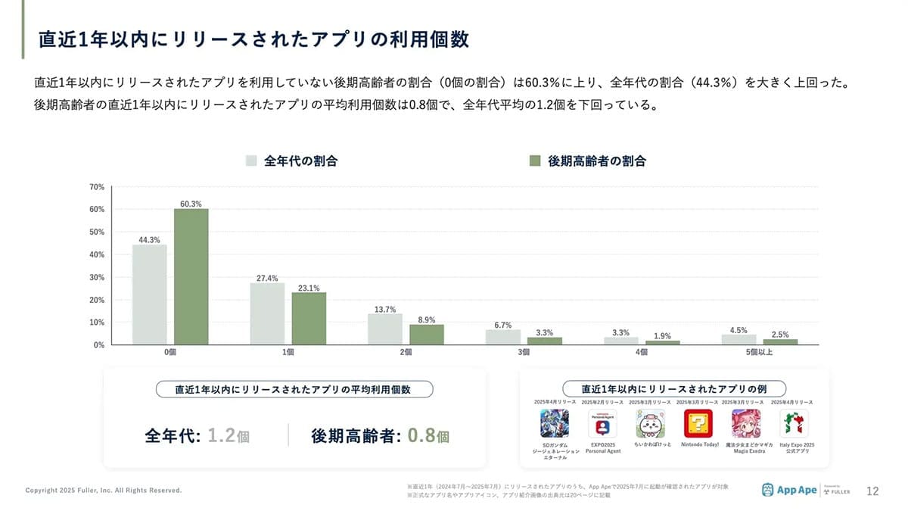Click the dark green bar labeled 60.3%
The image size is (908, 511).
(x=191, y=277)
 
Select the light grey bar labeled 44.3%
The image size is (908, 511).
(x=150, y=294)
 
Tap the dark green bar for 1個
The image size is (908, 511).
(x=309, y=319)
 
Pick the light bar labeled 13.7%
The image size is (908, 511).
(x=385, y=329)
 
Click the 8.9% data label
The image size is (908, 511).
(x=427, y=319)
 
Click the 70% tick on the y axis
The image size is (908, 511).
(x=96, y=186)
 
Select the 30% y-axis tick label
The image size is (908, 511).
(x=96, y=277)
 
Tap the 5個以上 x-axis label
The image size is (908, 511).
(x=759, y=353)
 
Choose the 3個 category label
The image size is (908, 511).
(x=524, y=353)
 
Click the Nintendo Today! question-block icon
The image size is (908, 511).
(x=698, y=423)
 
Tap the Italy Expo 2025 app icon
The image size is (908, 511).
(x=795, y=423)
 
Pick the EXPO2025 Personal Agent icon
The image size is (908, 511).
(x=603, y=423)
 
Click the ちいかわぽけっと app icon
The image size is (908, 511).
(x=651, y=423)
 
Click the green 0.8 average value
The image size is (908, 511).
(x=422, y=435)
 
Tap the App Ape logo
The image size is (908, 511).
(x=789, y=490)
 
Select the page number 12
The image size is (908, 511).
(x=872, y=491)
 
